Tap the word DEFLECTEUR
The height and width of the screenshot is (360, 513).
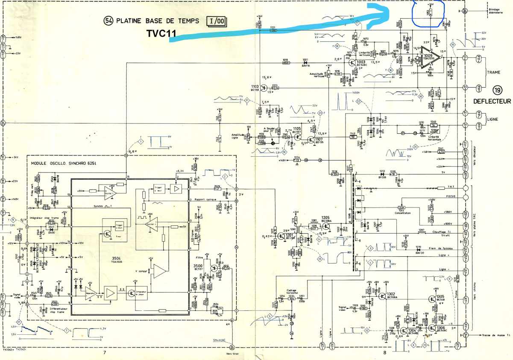(x=492, y=101)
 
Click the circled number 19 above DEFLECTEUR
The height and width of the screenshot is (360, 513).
(x=498, y=90)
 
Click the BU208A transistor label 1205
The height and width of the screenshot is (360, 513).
(x=327, y=219)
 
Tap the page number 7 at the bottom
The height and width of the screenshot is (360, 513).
(x=105, y=353)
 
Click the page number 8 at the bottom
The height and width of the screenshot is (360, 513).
(x=384, y=353)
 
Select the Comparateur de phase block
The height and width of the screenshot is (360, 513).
(x=137, y=293)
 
